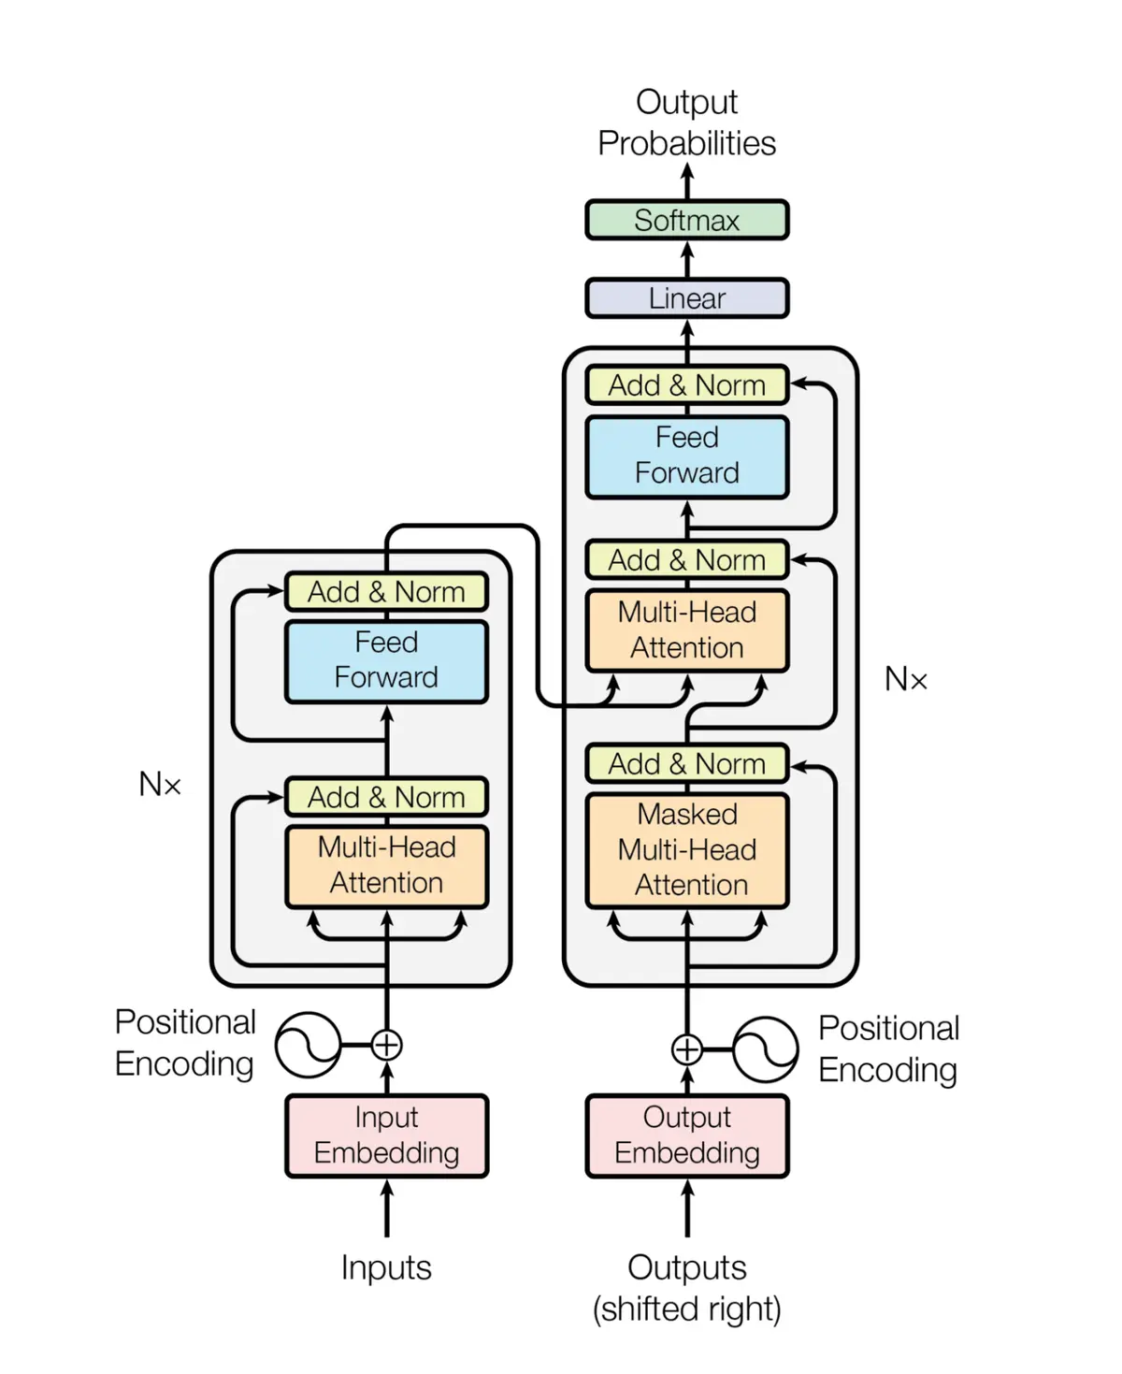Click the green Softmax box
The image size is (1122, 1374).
[686, 220]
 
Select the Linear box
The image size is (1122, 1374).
[686, 298]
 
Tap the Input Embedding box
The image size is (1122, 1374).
[386, 1135]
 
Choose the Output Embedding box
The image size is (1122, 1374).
[686, 1135]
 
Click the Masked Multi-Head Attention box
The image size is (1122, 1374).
[686, 850]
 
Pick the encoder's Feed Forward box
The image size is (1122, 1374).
[386, 660]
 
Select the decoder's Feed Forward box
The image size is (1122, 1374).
[686, 456]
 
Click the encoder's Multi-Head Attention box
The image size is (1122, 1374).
[386, 865]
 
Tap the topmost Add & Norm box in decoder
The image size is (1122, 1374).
[686, 385]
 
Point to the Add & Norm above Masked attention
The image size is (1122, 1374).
[686, 764]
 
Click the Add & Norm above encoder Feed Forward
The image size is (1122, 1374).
[386, 592]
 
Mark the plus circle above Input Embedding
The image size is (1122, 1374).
[386, 1045]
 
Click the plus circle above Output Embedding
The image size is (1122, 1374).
[686, 1049]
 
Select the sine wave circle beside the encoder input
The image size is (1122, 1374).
[308, 1045]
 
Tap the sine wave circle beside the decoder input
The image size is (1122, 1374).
[765, 1049]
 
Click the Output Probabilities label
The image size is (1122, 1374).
[686, 123]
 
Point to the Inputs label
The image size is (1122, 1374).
[386, 1267]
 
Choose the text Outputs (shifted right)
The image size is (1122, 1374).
[686, 1288]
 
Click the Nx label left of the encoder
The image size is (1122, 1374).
[160, 784]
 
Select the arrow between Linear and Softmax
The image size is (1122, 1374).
[686, 258]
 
